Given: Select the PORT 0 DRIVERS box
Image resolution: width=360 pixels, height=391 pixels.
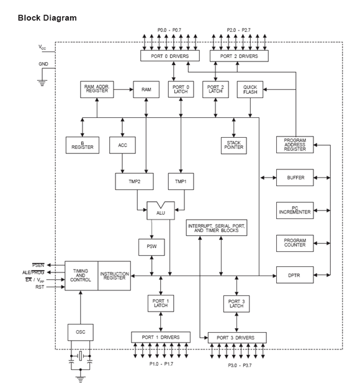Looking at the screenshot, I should click(x=169, y=56).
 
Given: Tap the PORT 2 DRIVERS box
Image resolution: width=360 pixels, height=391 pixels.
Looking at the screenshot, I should click(x=240, y=56).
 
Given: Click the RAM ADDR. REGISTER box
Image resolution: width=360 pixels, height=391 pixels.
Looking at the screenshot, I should click(x=97, y=89).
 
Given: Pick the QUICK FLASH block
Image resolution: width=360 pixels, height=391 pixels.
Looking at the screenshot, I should click(x=250, y=89).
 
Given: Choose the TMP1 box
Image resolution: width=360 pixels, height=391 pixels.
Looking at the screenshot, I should click(x=181, y=181).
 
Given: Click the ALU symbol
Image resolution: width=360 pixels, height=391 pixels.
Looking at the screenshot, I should click(x=161, y=210).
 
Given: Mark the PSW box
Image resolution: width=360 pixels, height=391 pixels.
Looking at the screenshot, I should click(x=151, y=247).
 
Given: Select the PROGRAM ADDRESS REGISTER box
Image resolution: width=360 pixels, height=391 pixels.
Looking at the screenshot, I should click(x=295, y=145).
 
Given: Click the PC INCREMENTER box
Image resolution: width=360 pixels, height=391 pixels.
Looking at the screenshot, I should click(x=295, y=210).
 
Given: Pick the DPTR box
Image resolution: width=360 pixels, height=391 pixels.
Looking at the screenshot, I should click(x=295, y=274).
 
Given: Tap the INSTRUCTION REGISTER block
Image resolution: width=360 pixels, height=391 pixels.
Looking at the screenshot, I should click(x=114, y=276).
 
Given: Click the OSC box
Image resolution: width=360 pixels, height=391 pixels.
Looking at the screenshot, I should click(x=80, y=331).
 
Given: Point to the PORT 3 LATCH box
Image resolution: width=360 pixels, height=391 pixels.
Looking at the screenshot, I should click(x=236, y=303).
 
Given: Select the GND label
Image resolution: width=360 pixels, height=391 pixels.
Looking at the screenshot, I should click(x=43, y=64).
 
